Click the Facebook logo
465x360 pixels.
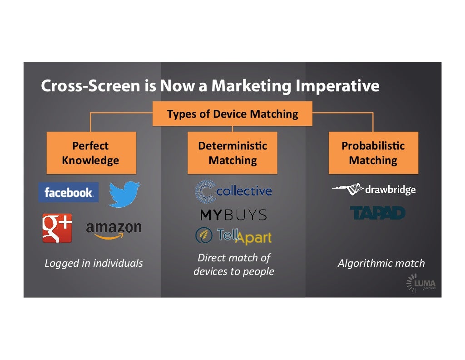coord(68,192)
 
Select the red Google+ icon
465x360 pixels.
coord(57,228)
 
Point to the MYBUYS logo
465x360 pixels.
coord(233,215)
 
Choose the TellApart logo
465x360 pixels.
coord(233,235)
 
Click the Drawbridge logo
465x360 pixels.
coord(374,189)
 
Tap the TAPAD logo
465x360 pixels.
coord(378,213)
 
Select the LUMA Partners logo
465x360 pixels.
coord(421,284)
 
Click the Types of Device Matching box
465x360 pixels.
coord(232,114)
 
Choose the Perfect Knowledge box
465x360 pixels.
coord(91,153)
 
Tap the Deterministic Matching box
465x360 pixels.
coord(232,153)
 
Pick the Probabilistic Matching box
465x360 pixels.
coord(373,153)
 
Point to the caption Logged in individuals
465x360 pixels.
coord(94,263)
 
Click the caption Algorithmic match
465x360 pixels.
coord(381,263)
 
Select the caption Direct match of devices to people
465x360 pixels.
coord(234,265)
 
